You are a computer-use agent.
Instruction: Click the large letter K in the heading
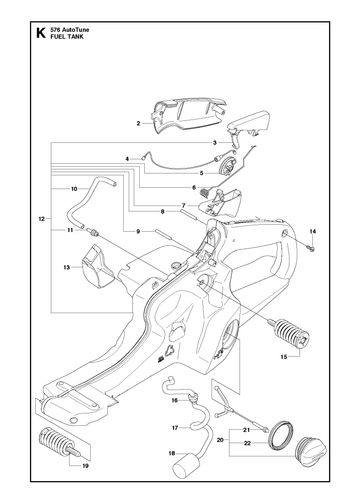pos(41,33)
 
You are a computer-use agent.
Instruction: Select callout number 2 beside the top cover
pos(138,124)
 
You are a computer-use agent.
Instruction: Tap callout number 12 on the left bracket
pos(41,219)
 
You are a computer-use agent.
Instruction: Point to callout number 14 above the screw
pos(313,231)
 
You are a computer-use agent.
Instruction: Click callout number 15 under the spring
pos(284,357)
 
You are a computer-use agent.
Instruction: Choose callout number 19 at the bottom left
pos(85,466)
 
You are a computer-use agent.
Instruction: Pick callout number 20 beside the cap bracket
pos(220,440)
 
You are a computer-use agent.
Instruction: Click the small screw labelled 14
pos(311,248)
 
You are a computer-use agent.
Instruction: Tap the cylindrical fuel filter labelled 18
pos(185,464)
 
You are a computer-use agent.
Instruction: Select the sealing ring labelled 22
pos(281,437)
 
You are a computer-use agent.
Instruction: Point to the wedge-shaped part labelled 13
pos(97,266)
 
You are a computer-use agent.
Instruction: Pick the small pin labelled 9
pos(163,234)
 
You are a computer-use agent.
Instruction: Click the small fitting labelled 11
pos(93,232)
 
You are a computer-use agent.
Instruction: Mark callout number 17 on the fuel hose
pos(175,428)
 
